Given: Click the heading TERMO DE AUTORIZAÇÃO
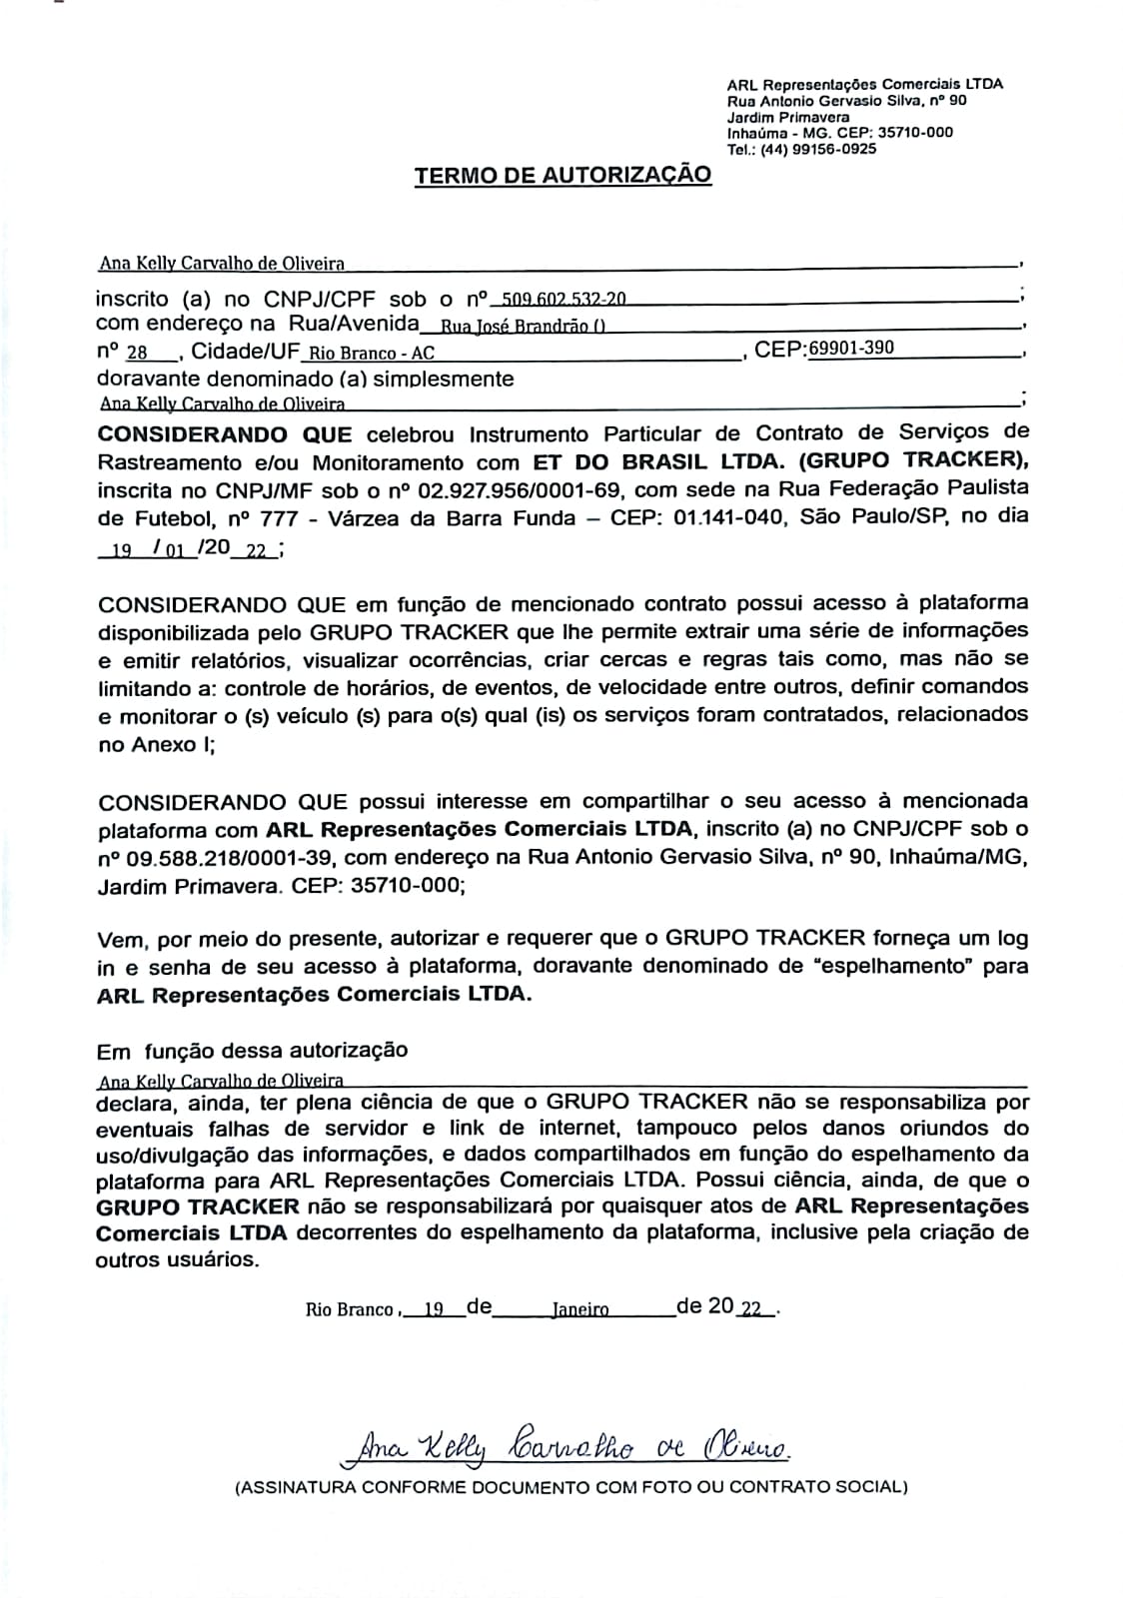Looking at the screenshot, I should [562, 176].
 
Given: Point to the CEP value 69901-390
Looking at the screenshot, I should [851, 348].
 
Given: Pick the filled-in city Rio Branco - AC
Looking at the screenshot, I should [372, 353].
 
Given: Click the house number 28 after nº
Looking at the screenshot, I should [138, 353].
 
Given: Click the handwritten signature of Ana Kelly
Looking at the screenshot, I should [565, 1442].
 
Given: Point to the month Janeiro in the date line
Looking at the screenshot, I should [579, 1309].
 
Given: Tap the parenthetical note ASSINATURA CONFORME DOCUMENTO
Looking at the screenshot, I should [570, 1487].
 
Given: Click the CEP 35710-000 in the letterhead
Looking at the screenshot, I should [915, 132].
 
